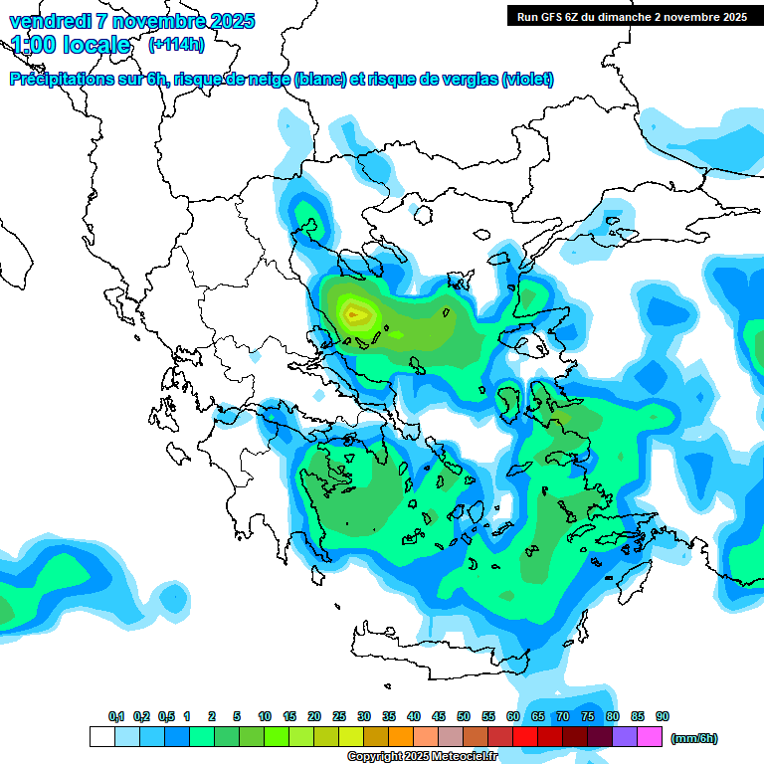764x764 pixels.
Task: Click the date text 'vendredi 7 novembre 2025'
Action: pos(131,21)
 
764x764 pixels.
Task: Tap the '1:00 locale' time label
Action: pos(71,45)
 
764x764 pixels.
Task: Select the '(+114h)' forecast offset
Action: pos(176,45)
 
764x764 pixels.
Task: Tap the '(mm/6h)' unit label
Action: pos(694,738)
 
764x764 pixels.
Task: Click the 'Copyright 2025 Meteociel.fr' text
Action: pos(422,757)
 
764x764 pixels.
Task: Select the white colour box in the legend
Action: pos(101,737)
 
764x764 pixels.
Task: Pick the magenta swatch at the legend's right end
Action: pos(650,737)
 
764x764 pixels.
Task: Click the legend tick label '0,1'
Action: pos(116,716)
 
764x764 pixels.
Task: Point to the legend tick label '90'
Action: pos(663,716)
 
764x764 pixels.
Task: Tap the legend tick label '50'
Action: pos(464,716)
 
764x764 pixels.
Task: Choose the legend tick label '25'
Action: pos(339,716)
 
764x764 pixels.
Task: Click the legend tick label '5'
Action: pos(236,716)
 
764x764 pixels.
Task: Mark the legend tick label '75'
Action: pos(588,716)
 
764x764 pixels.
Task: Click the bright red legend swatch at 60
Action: pos(525,737)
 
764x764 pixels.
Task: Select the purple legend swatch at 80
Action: pos(625,737)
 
